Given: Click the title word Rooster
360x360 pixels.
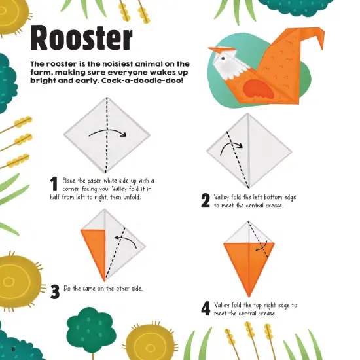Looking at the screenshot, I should (x=82, y=39).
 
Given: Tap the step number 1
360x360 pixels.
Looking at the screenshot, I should (x=54, y=185).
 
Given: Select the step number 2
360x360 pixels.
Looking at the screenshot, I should (x=205, y=201).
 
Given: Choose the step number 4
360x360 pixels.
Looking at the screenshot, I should (x=206, y=308).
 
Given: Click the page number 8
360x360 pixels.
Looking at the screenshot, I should (x=12, y=347).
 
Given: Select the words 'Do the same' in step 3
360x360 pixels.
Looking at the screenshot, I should (x=82, y=288).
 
